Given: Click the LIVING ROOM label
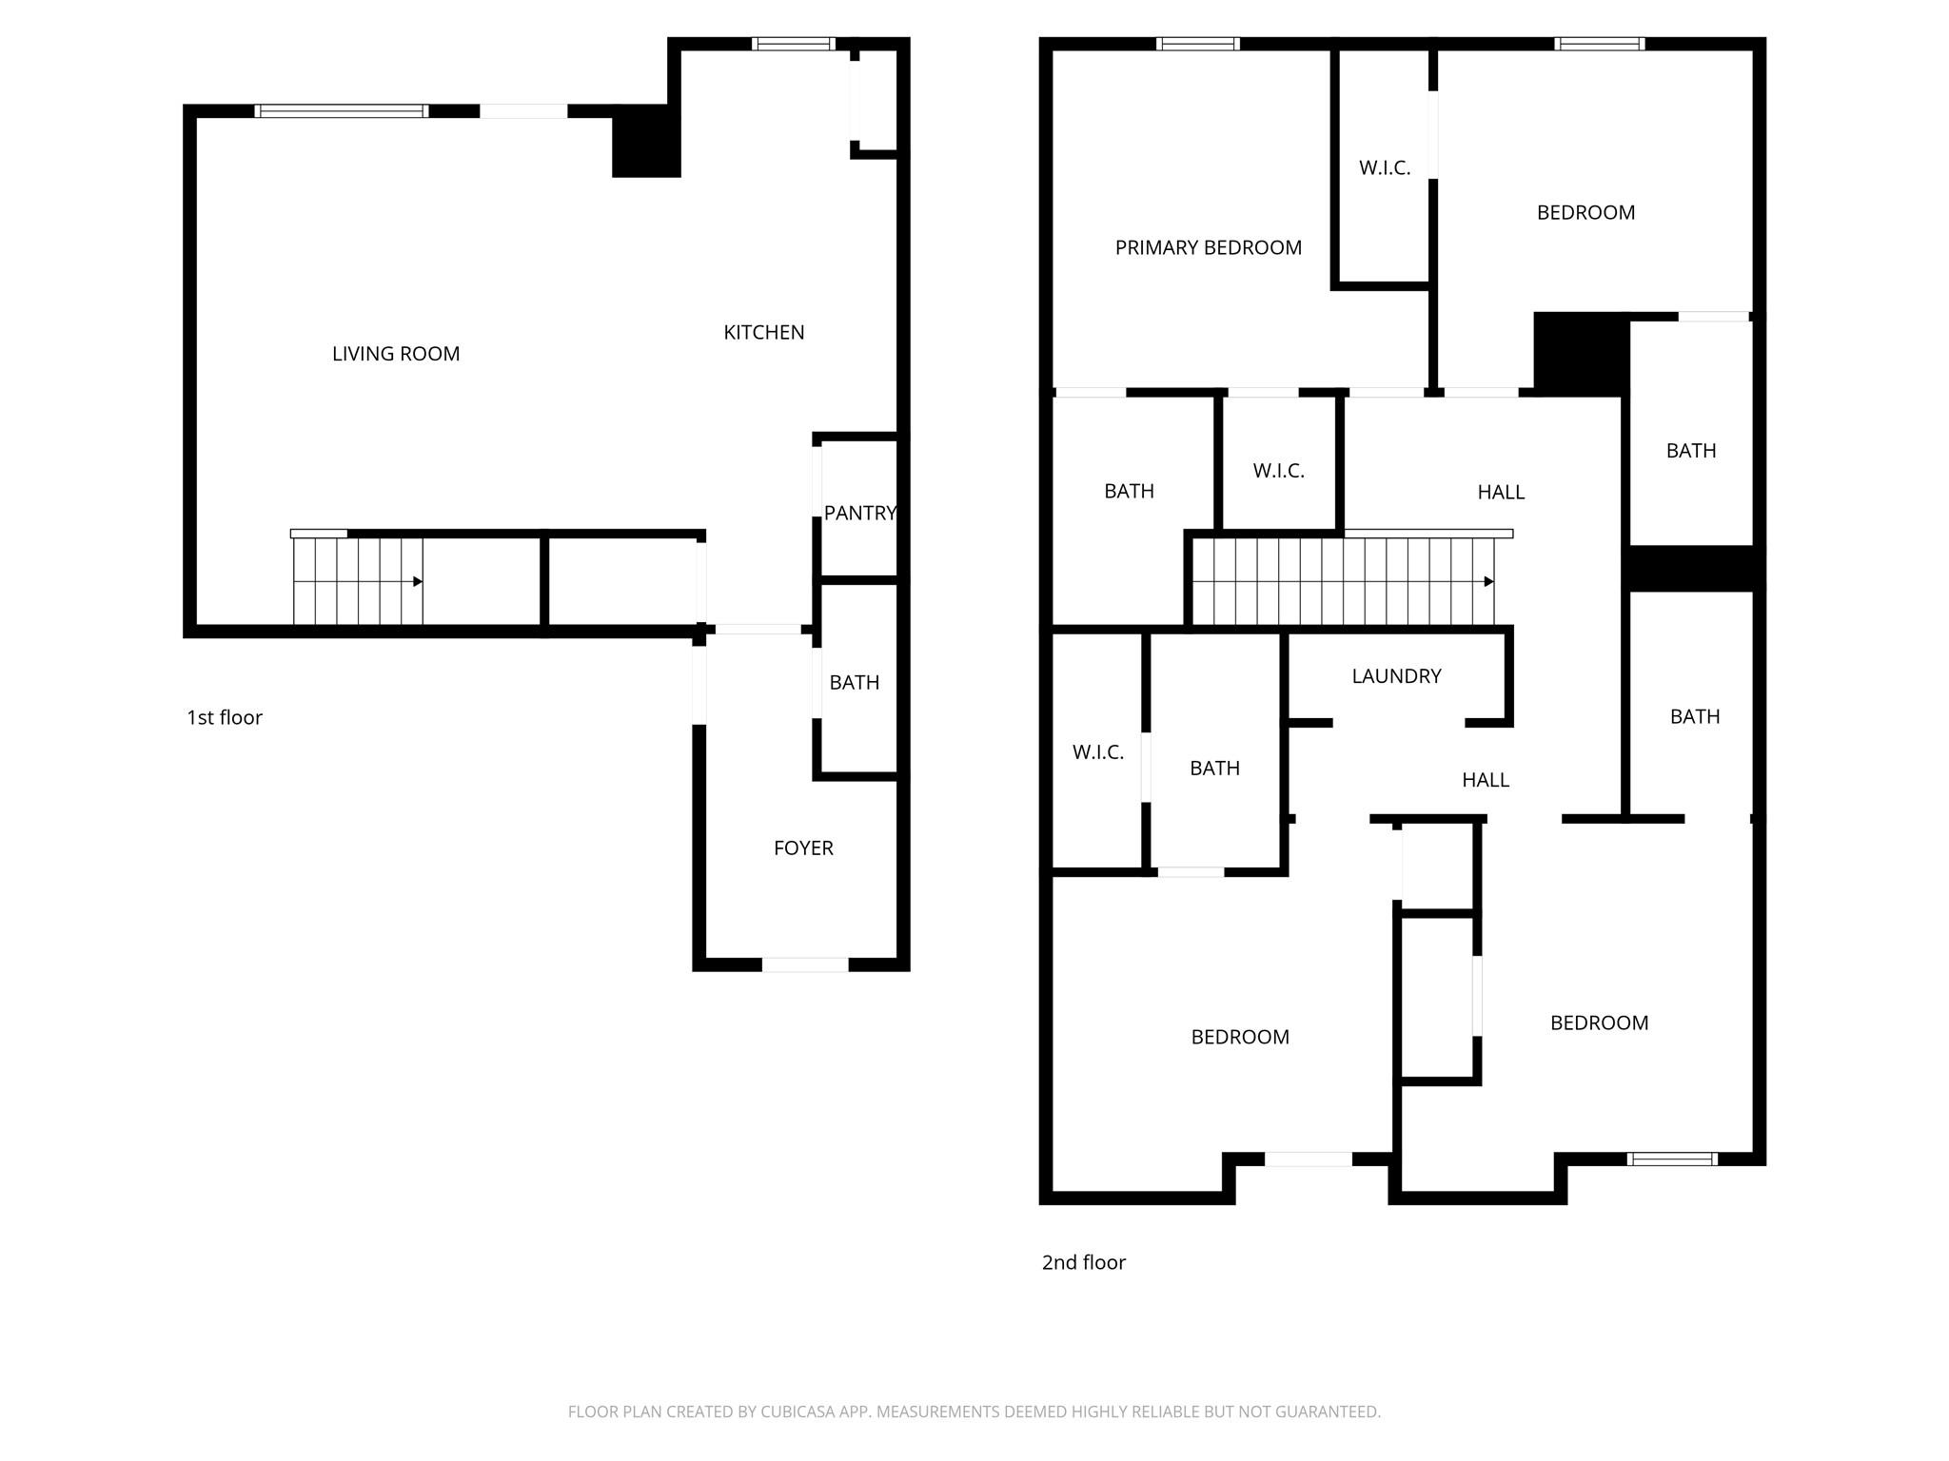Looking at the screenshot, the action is pos(396,354).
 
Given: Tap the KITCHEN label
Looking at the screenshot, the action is pos(764,332).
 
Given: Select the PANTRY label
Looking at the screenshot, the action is pos(860,513).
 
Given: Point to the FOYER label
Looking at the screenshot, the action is pos(803,847).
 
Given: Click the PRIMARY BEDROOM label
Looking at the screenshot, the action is pos(1209,247).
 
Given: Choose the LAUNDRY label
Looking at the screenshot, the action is pos(1396,675).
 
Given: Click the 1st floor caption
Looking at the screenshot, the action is pos(225,717).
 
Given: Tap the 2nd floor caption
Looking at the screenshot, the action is pos(1084,1262).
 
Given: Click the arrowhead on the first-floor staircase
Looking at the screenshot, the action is pos(418,581).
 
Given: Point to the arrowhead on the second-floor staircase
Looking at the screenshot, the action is pos(1489,581).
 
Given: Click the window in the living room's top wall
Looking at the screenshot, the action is pos(342,111).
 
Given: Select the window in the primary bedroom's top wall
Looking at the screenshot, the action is pos(1198,44).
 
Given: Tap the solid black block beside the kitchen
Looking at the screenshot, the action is pos(646,141).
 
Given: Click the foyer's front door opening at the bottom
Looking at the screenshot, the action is pos(805,964).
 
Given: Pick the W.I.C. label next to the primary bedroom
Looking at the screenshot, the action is pos(1385,167).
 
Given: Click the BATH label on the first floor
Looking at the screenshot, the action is pos(855,682).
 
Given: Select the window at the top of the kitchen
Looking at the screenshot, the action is pos(794,44).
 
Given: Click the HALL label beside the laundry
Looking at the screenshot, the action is pos(1486,780).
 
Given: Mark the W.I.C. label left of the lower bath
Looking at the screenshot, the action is pos(1098,752).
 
